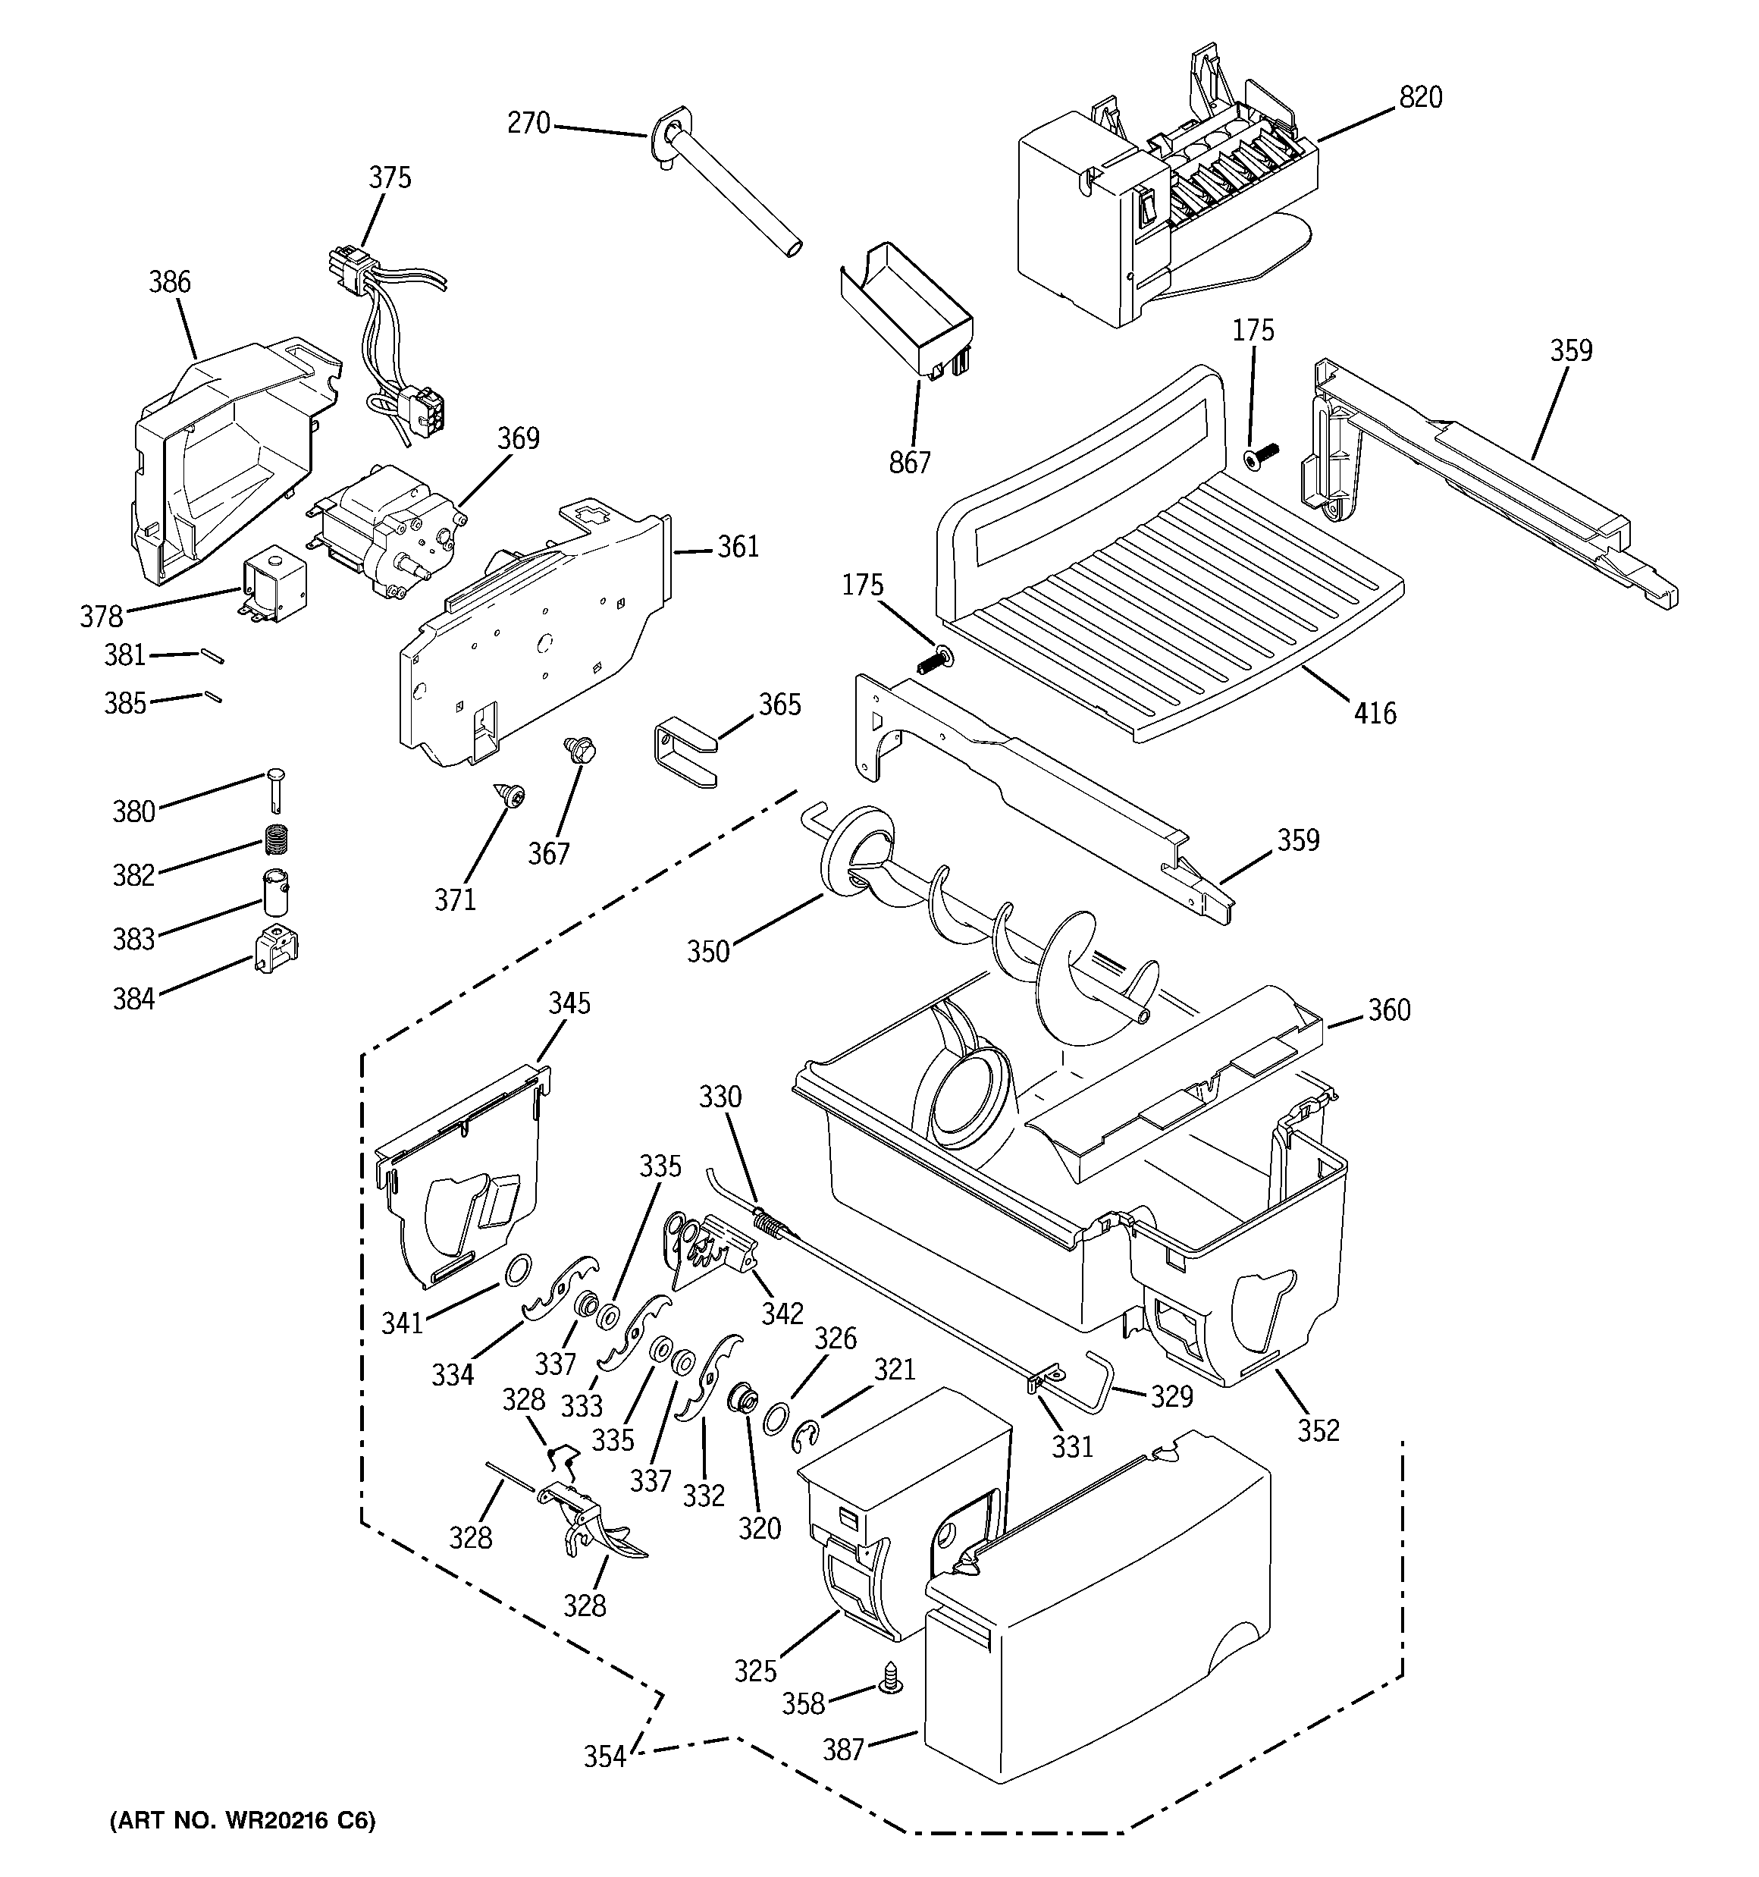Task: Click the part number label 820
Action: click(1420, 97)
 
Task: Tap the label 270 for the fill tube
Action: click(528, 124)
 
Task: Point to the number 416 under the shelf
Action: click(1375, 714)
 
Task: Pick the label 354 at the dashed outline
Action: click(604, 1756)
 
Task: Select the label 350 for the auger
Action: click(708, 952)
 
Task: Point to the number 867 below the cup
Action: click(909, 463)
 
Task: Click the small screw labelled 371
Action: click(515, 798)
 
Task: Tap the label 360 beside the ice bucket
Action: click(1389, 1010)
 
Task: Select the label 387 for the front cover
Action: click(843, 1750)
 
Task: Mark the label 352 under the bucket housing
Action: click(1318, 1430)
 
